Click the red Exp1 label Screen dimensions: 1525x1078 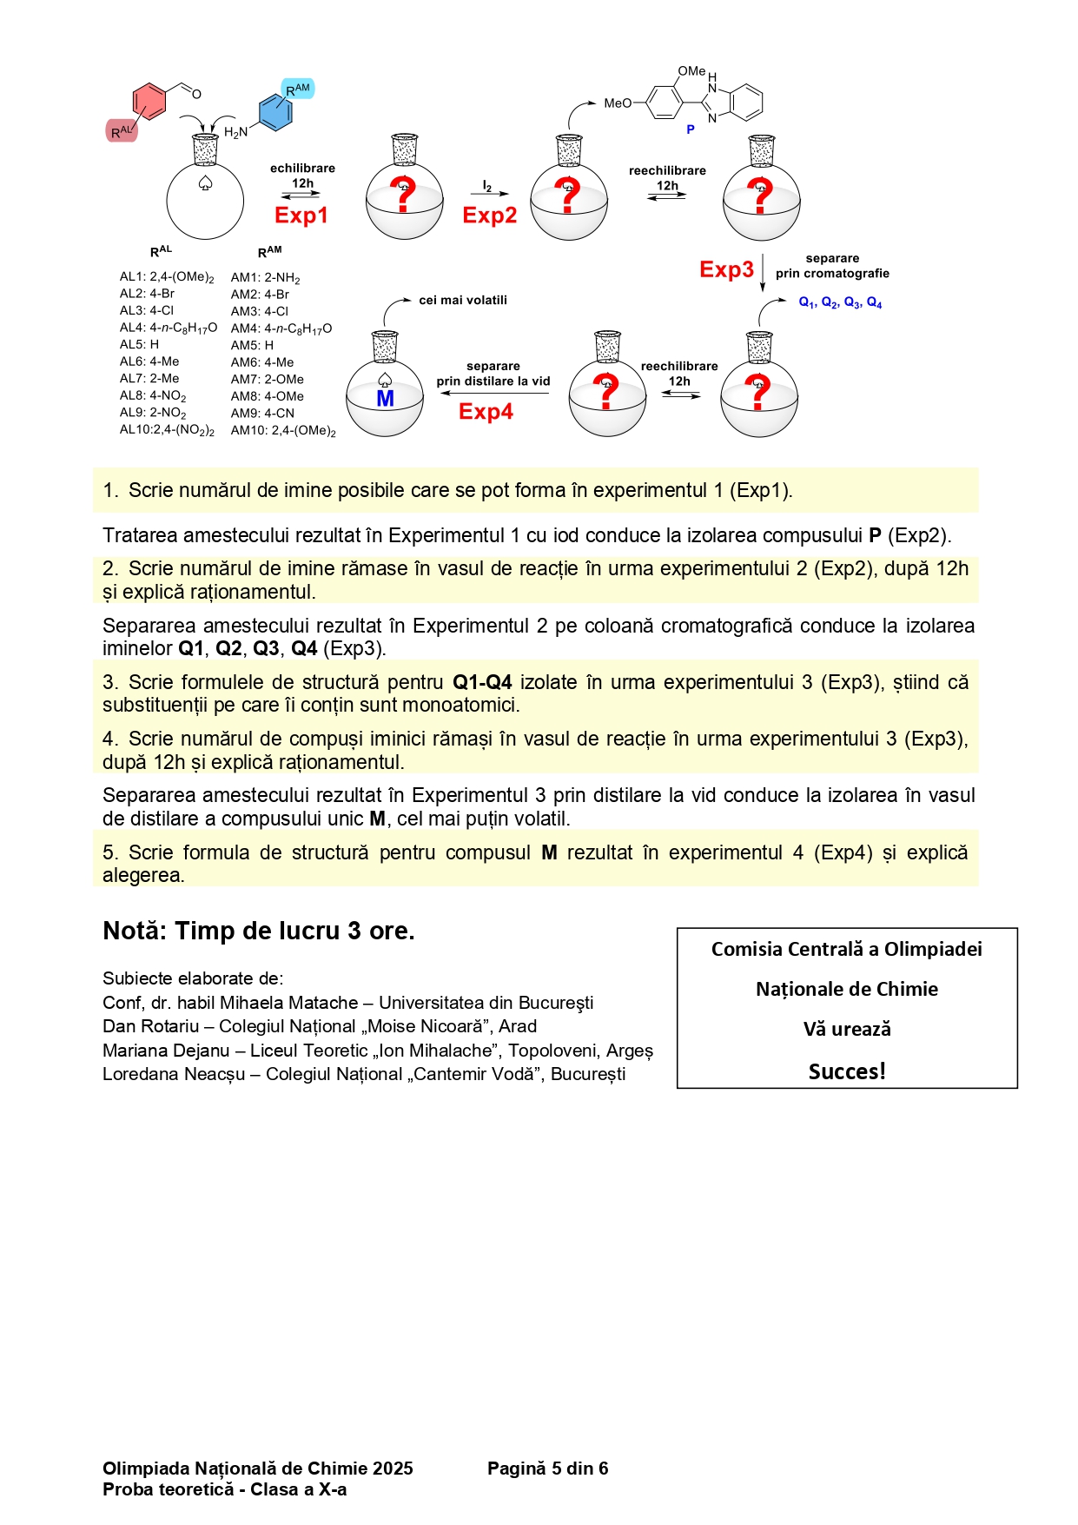301,215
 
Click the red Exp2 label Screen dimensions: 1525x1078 489,215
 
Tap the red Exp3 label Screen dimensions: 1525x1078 726,269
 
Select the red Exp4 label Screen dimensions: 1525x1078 486,411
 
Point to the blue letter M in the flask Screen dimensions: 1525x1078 385,399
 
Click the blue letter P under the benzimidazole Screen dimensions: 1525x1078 690,129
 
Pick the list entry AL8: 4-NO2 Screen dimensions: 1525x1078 153,396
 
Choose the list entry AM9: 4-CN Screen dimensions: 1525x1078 262,414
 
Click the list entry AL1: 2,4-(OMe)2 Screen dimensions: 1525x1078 167,277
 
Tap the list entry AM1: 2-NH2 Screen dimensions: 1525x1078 265,278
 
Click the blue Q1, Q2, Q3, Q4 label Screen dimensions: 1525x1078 840,302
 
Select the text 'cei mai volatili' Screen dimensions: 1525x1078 463,300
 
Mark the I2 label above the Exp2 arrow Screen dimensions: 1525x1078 487,187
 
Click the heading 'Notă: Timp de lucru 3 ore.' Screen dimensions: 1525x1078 258,931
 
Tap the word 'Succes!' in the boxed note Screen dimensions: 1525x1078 847,1071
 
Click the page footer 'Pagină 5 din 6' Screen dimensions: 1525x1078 547,1468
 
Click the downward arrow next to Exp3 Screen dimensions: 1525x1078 763,272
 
